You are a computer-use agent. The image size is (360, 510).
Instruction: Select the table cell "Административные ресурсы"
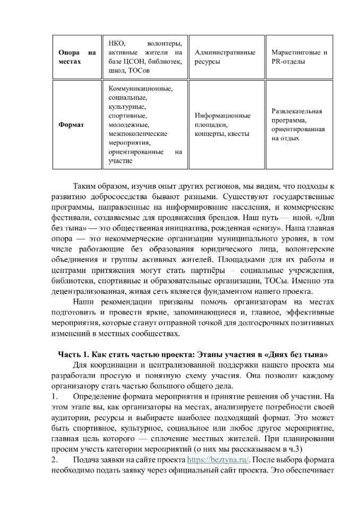coord(225,57)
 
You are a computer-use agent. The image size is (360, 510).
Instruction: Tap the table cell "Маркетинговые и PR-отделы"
coord(299,57)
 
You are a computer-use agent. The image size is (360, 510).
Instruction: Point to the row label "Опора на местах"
coord(76,57)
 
